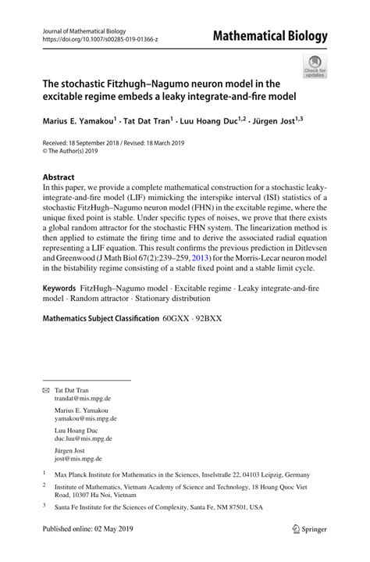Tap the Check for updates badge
[x=315, y=66]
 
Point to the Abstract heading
[x=62, y=177]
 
